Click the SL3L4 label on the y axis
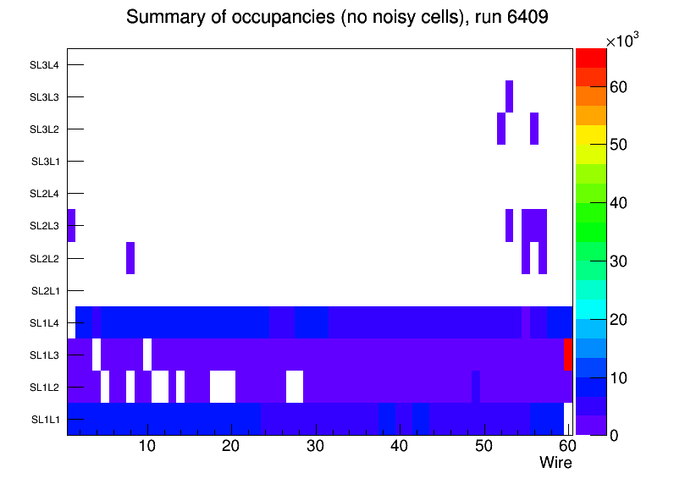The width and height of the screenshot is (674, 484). click(x=45, y=65)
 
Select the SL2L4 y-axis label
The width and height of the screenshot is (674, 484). click(x=45, y=194)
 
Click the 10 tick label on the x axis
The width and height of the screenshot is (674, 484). click(x=147, y=446)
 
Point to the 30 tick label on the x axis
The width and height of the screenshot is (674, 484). click(x=315, y=446)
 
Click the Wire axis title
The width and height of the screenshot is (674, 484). click(x=555, y=463)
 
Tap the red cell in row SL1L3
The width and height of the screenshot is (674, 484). click(x=568, y=354)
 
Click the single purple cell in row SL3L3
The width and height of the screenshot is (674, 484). click(x=509, y=96)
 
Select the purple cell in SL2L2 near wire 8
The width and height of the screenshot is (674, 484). click(x=130, y=258)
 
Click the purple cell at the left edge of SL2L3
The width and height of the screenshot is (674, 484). click(x=71, y=225)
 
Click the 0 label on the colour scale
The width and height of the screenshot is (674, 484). click(x=616, y=435)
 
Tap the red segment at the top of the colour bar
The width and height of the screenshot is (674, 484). click(x=591, y=58)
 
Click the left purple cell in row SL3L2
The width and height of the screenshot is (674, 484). click(x=501, y=129)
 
